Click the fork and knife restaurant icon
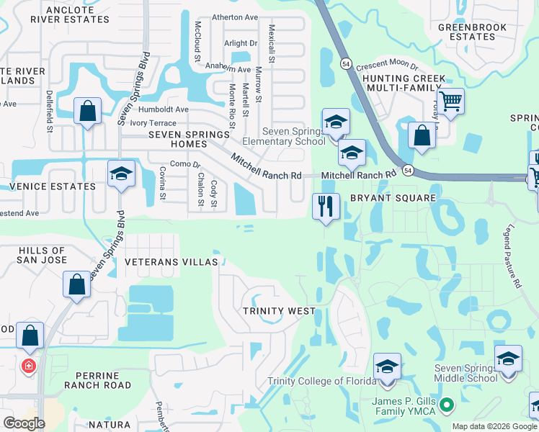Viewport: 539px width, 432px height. (x=326, y=207)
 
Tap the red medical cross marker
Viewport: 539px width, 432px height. (x=28, y=366)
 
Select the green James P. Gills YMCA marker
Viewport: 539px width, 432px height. (x=446, y=406)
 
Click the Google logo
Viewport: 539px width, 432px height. (x=24, y=423)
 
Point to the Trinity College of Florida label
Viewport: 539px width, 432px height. (x=321, y=381)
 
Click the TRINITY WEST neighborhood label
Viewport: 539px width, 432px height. (x=278, y=310)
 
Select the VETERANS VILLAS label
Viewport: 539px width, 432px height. (x=171, y=262)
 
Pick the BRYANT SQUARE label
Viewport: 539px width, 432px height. (x=393, y=197)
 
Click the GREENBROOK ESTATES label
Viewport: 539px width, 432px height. (x=466, y=32)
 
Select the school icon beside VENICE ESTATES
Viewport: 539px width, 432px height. (x=121, y=174)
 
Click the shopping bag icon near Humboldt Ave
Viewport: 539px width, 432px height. (x=87, y=111)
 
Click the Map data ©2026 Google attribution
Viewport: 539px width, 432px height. (x=494, y=426)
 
